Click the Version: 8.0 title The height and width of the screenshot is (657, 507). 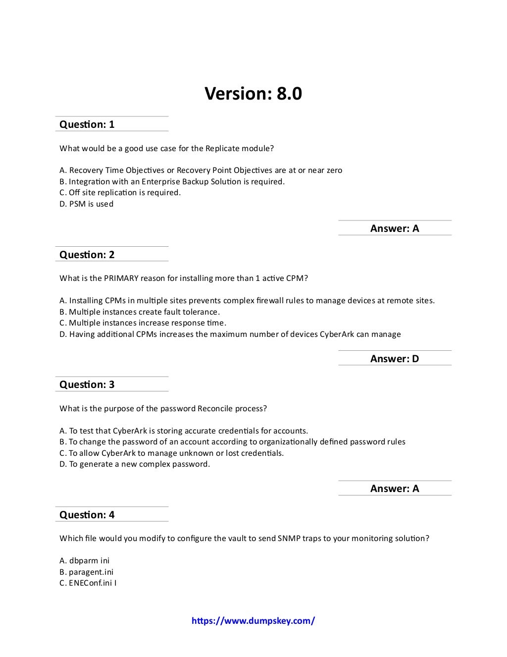253,94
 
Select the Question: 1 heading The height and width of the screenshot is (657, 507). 87,124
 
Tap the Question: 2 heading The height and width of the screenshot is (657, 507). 87,255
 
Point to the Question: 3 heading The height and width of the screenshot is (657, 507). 87,384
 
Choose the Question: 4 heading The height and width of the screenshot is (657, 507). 87,515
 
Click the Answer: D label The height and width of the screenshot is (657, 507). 395,359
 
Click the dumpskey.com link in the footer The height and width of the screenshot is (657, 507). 253,621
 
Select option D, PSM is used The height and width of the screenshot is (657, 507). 87,204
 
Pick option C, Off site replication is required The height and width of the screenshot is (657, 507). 120,193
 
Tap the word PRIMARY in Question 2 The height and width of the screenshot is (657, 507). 121,278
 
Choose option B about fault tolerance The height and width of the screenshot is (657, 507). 140,312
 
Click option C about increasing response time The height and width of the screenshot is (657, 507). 143,323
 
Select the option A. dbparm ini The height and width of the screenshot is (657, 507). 85,561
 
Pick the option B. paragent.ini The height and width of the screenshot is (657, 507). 87,572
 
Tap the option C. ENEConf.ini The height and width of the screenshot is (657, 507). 88,583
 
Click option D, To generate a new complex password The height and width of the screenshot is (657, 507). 135,464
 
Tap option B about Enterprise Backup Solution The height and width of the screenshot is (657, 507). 172,182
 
